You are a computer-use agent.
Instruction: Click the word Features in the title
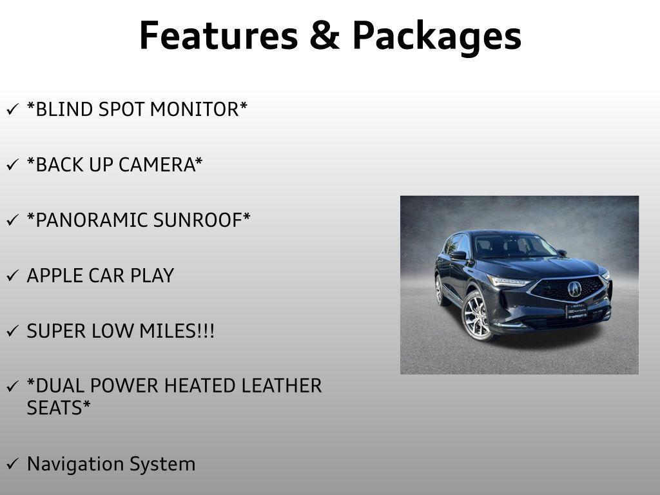tap(218, 35)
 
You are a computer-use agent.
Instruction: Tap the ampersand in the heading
tap(325, 35)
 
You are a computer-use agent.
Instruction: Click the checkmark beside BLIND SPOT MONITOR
tap(13, 109)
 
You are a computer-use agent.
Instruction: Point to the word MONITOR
tap(199, 109)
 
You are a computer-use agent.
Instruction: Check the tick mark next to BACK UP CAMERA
tap(13, 164)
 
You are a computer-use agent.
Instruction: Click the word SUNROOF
tap(202, 220)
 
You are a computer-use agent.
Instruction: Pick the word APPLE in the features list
tap(54, 276)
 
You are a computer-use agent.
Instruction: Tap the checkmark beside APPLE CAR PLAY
tap(13, 276)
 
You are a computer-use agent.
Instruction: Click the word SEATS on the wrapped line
tap(59, 408)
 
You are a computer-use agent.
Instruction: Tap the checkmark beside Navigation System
tap(13, 464)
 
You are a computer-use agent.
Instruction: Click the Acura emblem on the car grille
tap(574, 289)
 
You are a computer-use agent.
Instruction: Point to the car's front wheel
tap(478, 316)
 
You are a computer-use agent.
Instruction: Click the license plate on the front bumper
tap(576, 312)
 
